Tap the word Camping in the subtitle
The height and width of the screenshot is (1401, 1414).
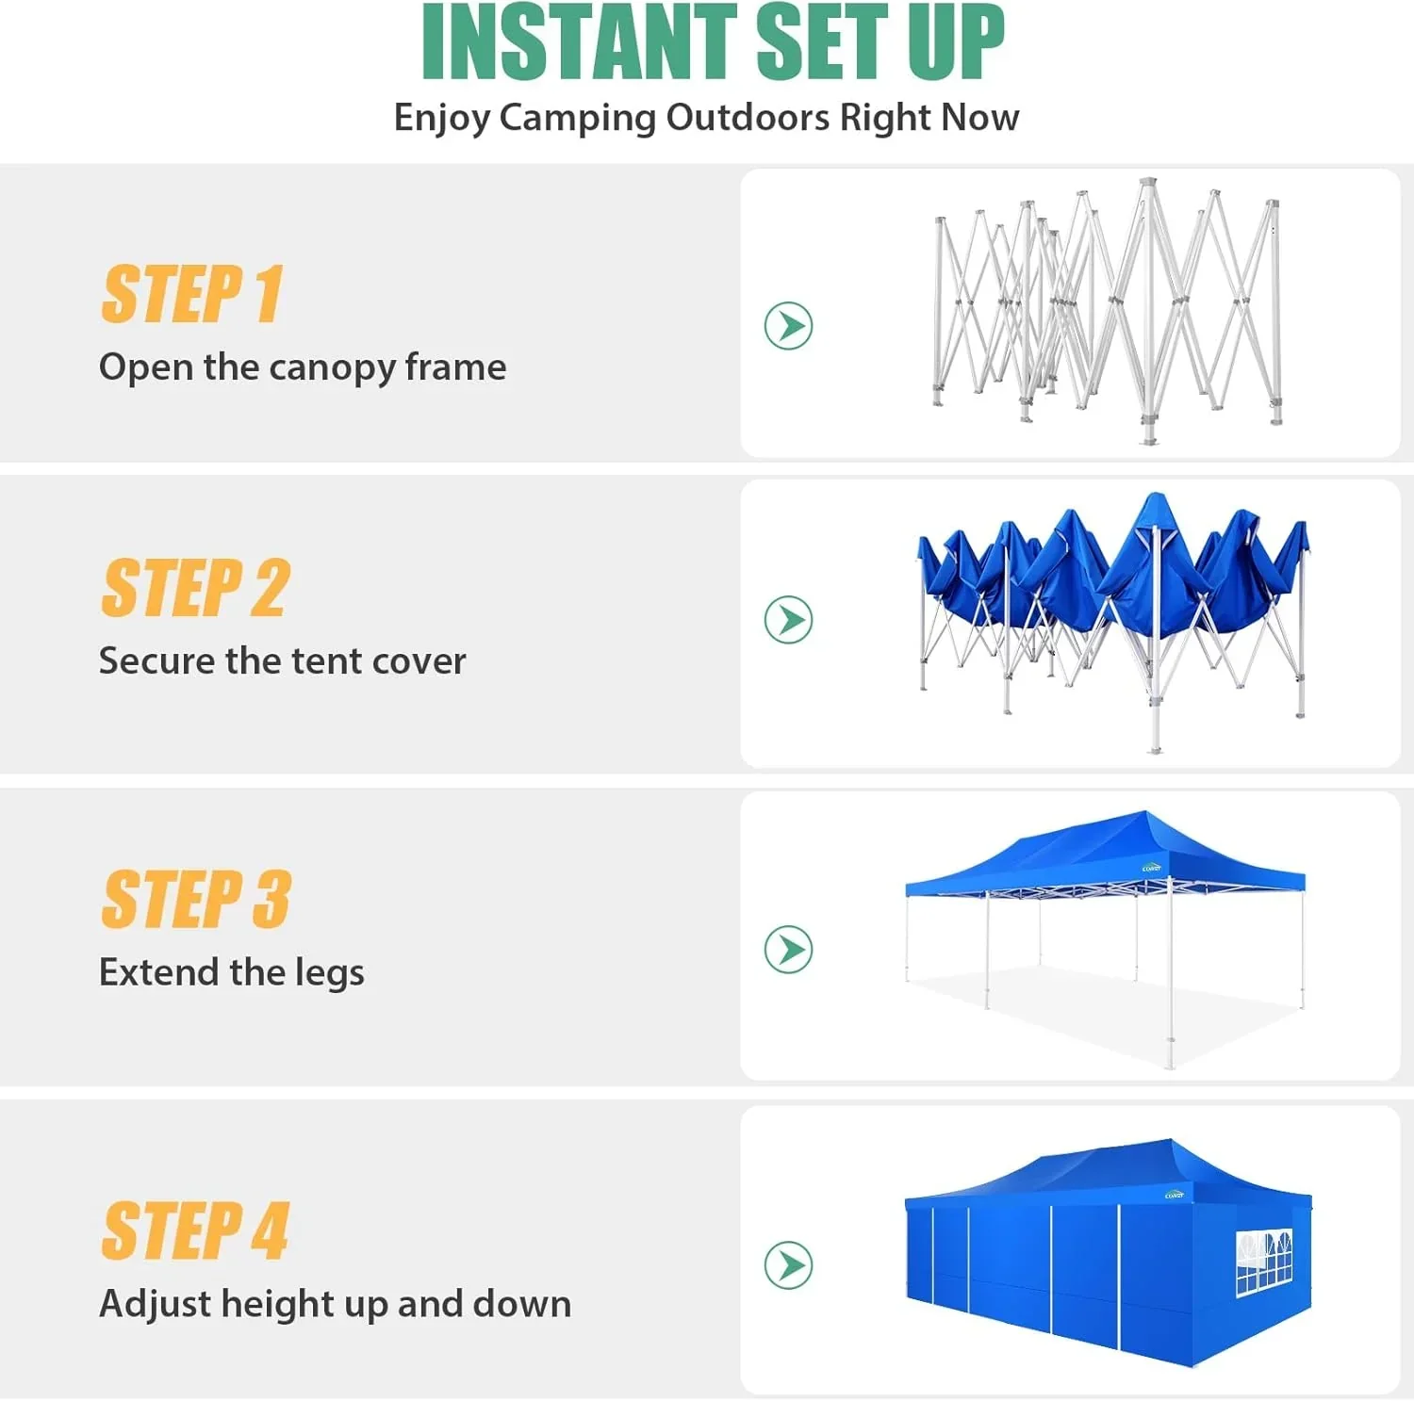[577, 119]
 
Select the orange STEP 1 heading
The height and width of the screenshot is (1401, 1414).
[191, 295]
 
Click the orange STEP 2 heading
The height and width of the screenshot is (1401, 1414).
[195, 589]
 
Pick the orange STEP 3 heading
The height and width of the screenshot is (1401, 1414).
[195, 900]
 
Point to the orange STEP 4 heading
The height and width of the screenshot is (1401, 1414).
[194, 1231]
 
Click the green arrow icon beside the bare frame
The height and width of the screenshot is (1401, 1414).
[788, 326]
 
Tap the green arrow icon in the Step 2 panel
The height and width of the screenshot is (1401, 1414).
[788, 620]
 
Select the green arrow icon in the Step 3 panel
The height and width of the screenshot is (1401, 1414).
[788, 949]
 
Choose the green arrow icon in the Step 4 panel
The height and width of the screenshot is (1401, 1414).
[788, 1264]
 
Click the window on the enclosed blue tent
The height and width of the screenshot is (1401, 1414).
[1263, 1261]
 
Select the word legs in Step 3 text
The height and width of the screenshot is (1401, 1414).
[329, 973]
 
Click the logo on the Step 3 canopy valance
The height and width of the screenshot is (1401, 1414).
[1151, 869]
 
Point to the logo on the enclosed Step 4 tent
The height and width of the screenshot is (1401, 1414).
[1174, 1195]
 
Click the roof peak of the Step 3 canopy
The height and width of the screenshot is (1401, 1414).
[1144, 814]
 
